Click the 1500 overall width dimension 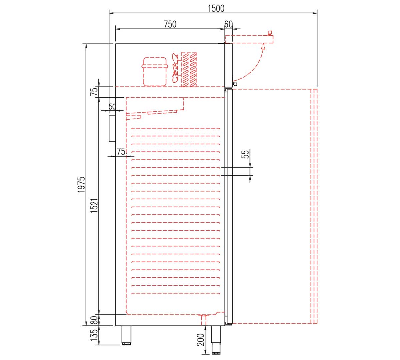coord(216,8)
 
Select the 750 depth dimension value coord(170,24)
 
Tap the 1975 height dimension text coord(81,184)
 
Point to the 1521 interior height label coord(94,206)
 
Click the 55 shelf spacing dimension coord(245,154)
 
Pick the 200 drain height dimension coord(201,340)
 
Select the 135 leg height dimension coord(94,335)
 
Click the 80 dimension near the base coord(94,320)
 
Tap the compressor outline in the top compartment coord(155,72)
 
